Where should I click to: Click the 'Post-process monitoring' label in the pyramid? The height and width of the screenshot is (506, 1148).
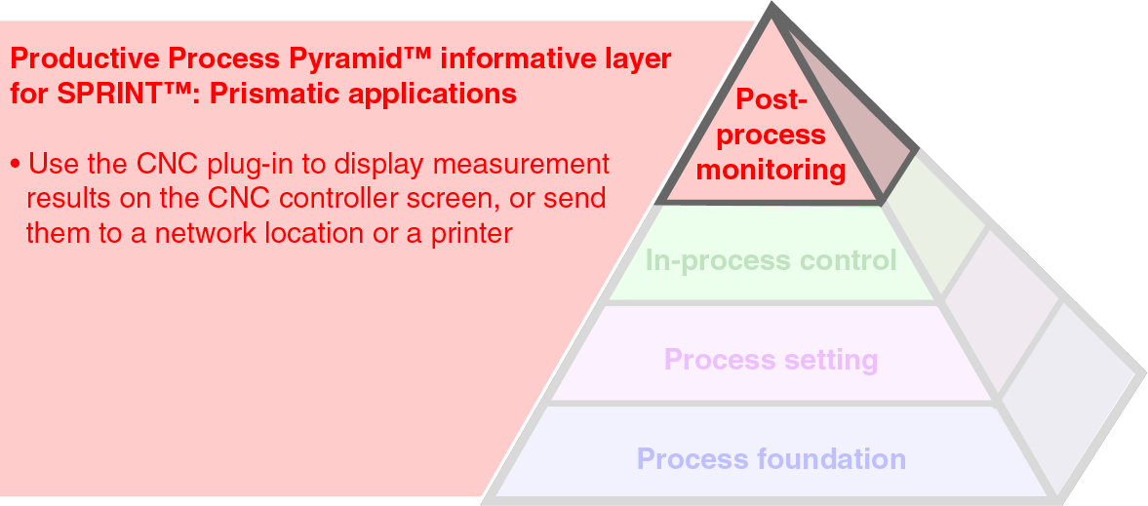[772, 135]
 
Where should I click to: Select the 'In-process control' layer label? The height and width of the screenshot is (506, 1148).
[771, 260]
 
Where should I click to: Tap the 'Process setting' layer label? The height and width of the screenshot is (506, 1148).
[771, 360]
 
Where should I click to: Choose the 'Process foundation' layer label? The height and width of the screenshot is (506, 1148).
[771, 458]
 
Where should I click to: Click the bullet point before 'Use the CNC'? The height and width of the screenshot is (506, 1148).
[16, 164]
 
